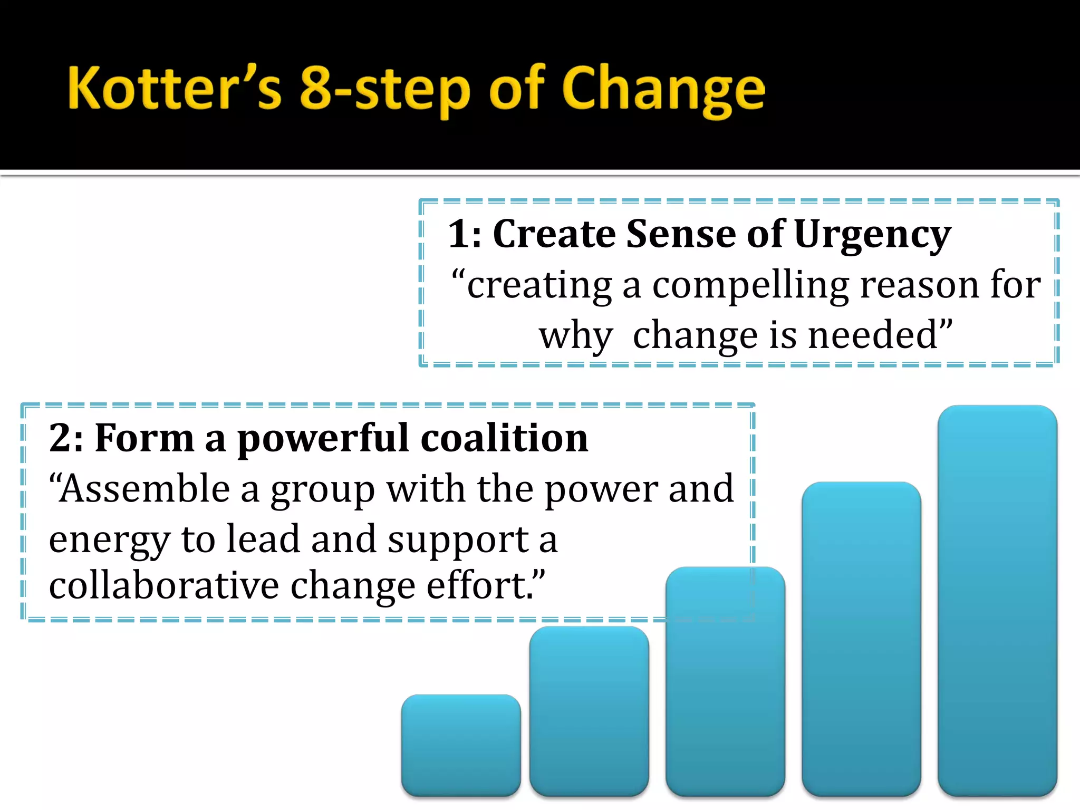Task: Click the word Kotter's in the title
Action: point(174,88)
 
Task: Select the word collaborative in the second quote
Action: point(164,585)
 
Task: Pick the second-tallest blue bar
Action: point(861,638)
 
